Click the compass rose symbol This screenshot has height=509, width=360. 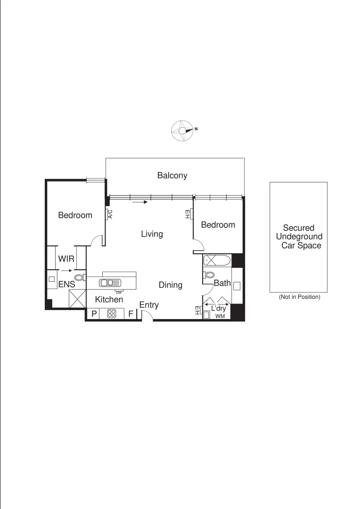click(182, 130)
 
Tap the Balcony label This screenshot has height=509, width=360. click(172, 176)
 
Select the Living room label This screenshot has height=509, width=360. click(152, 234)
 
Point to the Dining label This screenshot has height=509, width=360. click(170, 285)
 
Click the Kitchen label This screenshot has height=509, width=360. click(109, 299)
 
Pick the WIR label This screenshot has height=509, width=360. click(66, 259)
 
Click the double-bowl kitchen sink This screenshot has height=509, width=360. click(110, 283)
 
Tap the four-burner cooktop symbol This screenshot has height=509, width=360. click(112, 313)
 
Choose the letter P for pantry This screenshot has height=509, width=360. click(94, 314)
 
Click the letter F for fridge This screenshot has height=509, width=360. click(131, 314)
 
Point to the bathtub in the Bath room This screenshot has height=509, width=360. click(216, 260)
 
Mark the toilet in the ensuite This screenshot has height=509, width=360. click(80, 278)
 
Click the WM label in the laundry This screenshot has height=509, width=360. click(220, 316)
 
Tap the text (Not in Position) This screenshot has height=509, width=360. click(299, 297)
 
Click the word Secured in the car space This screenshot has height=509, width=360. click(298, 228)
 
